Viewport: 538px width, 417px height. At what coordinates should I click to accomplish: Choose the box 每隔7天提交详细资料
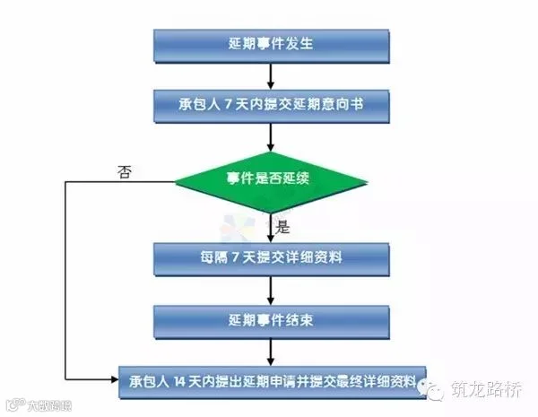(x=271, y=257)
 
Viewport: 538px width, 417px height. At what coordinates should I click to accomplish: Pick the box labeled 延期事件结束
(x=271, y=318)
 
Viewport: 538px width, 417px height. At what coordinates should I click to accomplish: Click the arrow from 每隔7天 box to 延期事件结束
(x=271, y=288)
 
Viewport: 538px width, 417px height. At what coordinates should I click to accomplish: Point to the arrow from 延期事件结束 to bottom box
(x=271, y=348)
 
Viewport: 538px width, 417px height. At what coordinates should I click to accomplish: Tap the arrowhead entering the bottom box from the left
(x=113, y=378)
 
